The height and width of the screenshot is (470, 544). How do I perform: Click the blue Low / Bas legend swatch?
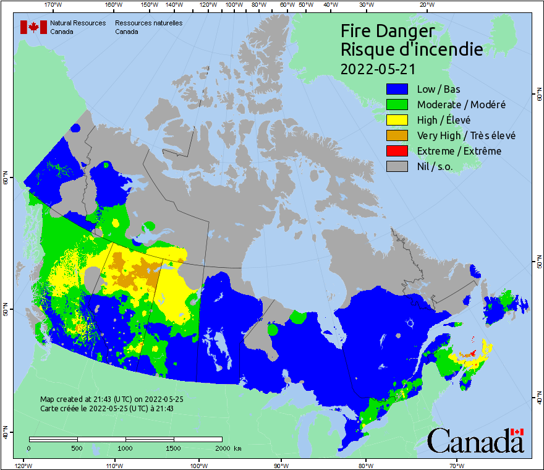click(397, 89)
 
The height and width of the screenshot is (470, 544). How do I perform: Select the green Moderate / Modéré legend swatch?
click(397, 105)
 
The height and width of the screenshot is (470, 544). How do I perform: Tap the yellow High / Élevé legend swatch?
click(397, 120)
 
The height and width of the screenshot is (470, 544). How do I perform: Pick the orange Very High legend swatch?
click(397, 135)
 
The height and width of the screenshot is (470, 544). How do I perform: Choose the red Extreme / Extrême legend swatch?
click(397, 151)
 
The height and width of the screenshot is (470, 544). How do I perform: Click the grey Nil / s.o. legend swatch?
click(397, 166)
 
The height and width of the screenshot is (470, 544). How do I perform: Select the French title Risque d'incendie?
click(412, 49)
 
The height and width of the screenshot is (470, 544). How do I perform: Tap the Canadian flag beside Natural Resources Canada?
click(33, 27)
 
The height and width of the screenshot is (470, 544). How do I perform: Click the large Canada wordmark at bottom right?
click(475, 440)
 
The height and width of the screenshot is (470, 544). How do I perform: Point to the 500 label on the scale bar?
click(77, 448)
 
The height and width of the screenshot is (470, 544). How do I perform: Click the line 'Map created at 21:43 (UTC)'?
click(111, 399)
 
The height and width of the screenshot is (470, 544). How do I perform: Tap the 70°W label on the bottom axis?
click(457, 465)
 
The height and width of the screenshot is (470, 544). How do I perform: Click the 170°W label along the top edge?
click(54, 5)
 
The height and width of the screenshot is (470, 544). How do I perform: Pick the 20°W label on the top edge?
click(426, 5)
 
